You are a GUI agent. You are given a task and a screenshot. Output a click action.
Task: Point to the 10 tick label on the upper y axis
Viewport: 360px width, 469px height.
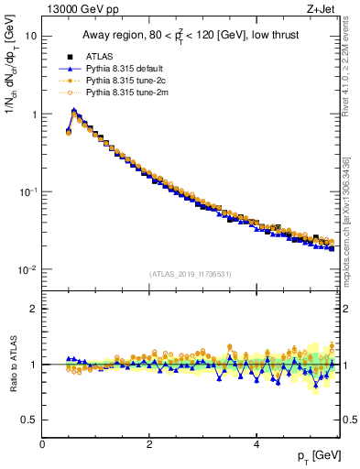(30, 36)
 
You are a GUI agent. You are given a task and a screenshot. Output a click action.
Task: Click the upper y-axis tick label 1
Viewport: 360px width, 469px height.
(33, 115)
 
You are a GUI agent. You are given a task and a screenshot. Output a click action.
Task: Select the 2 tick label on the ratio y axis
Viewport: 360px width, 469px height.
(32, 309)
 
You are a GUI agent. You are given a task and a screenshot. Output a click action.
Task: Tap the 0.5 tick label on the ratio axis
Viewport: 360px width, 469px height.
(28, 420)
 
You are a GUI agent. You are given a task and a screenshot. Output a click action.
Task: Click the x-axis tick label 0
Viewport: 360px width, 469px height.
(42, 443)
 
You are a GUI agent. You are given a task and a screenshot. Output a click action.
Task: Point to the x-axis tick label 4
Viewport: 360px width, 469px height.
(256, 443)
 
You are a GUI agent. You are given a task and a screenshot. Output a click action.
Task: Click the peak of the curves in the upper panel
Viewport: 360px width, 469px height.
(74, 111)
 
